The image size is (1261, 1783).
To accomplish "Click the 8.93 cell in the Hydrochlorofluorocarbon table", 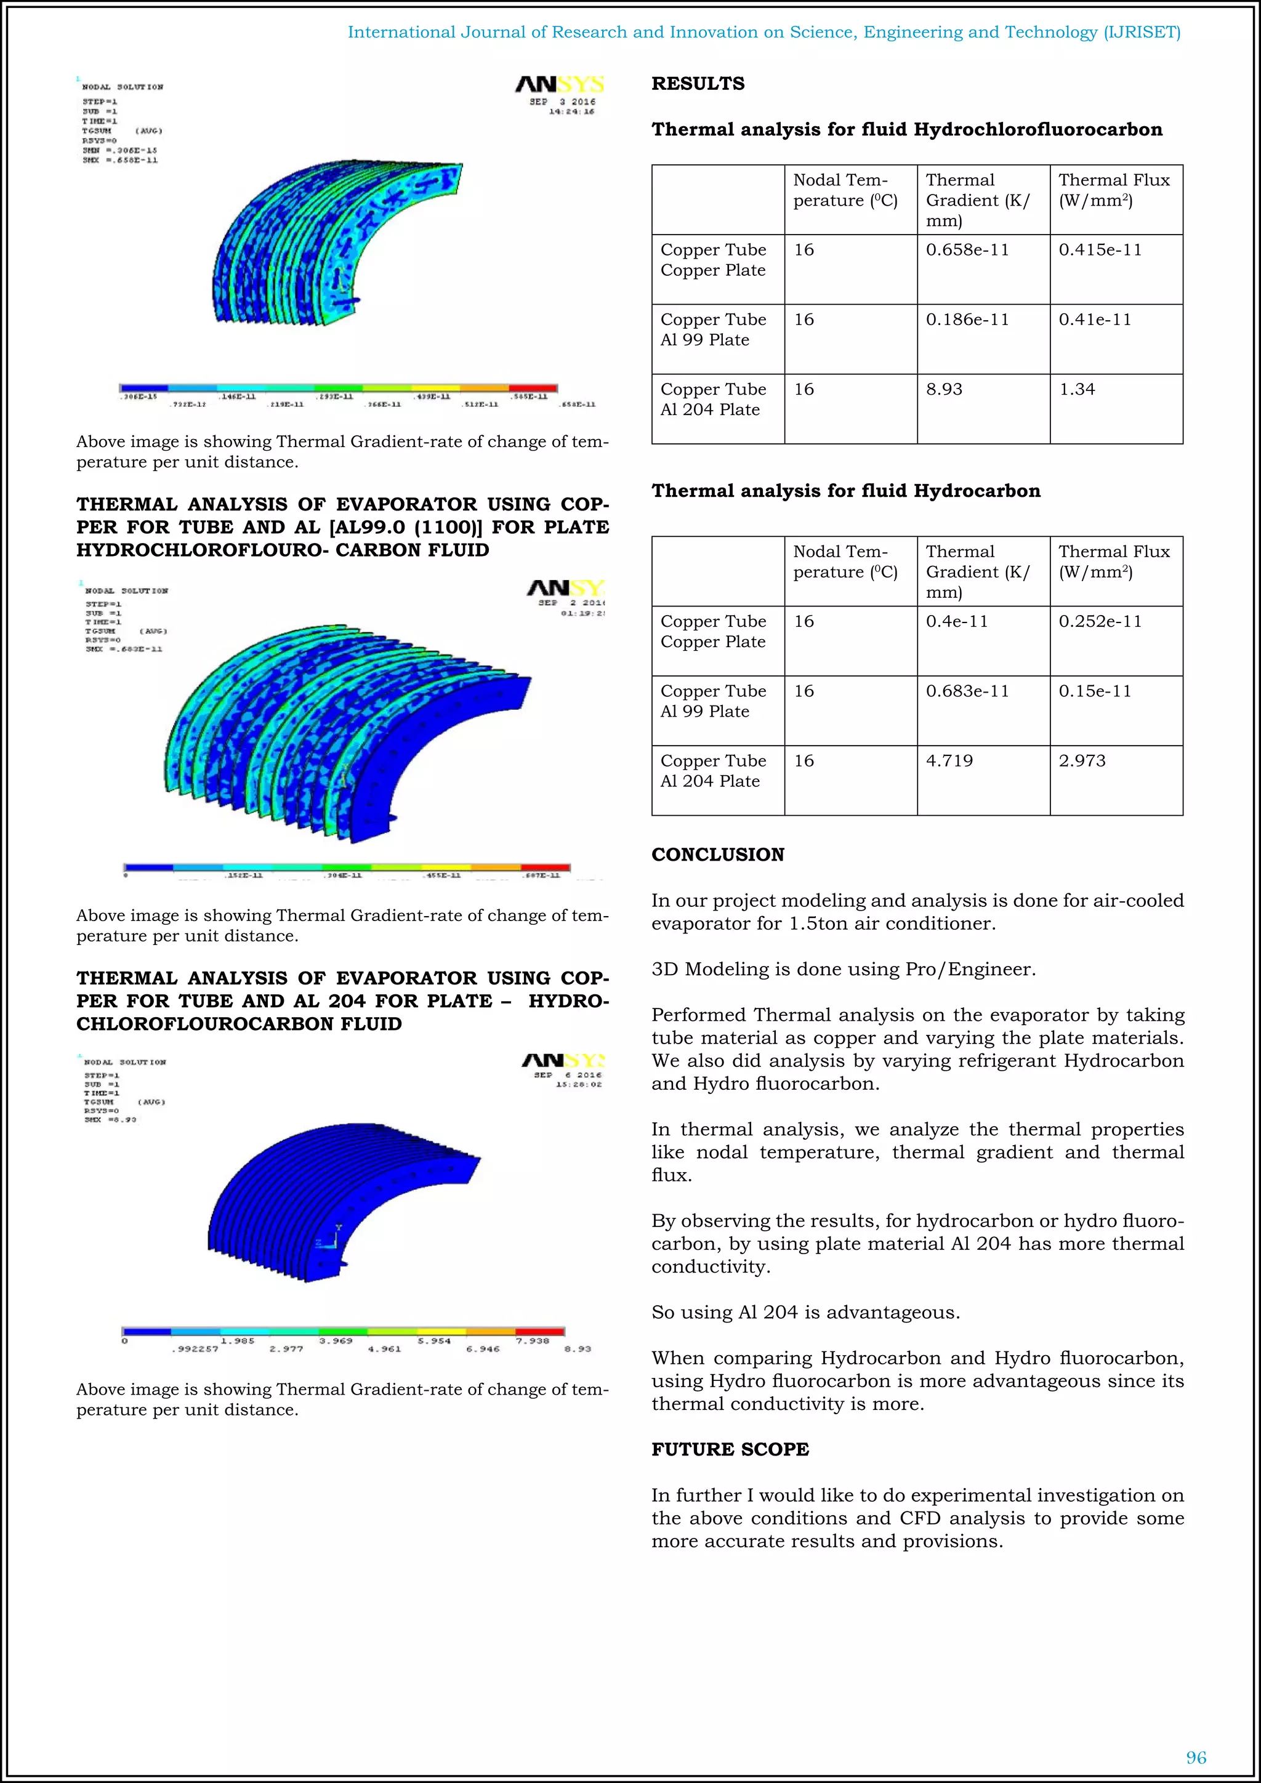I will pos(943,389).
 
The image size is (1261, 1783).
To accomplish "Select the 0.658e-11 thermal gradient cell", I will pos(967,249).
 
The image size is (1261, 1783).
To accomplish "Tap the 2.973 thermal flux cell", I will pos(1082,760).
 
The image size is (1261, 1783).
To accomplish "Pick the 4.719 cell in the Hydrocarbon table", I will pos(949,760).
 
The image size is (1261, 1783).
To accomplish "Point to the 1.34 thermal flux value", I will pos(1077,389).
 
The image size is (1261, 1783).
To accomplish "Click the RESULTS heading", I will pos(697,84).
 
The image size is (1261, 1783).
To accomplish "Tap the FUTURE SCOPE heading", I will pos(730,1449).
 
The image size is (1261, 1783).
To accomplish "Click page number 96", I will pos(1196,1757).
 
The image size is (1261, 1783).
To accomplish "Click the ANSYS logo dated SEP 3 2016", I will pos(559,84).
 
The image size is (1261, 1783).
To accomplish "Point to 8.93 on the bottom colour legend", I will pos(578,1349).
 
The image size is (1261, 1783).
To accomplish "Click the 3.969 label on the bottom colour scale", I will pos(336,1341).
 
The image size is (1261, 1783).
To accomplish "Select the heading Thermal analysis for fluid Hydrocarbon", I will pos(845,491).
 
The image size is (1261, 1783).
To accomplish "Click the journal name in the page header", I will pos(763,32).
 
